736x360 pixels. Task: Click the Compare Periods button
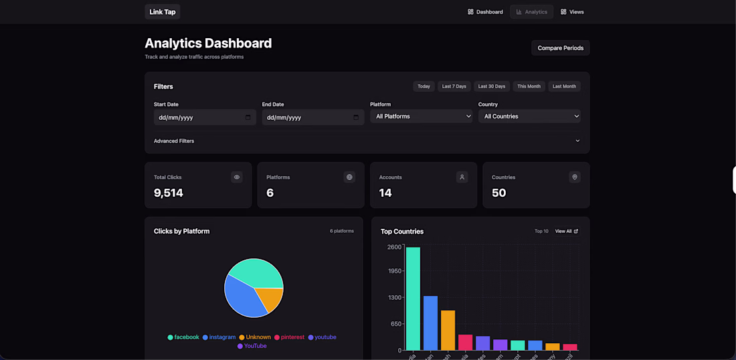click(x=560, y=48)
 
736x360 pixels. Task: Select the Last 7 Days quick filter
click(x=454, y=86)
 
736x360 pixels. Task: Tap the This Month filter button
click(x=529, y=86)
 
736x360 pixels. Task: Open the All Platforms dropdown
click(x=422, y=116)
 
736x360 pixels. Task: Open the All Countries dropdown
click(x=529, y=116)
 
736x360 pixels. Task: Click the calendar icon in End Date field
click(x=356, y=117)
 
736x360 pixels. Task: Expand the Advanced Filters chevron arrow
click(x=577, y=141)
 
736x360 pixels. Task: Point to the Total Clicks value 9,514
click(x=169, y=193)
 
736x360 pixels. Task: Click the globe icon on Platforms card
click(x=349, y=177)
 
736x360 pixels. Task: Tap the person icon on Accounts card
click(x=462, y=177)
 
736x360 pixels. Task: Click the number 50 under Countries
click(x=499, y=193)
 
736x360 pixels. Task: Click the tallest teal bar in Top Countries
click(x=413, y=298)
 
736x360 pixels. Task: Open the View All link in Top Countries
click(x=566, y=232)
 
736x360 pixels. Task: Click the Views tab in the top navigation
click(x=572, y=12)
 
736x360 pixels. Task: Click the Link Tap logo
click(x=163, y=12)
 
